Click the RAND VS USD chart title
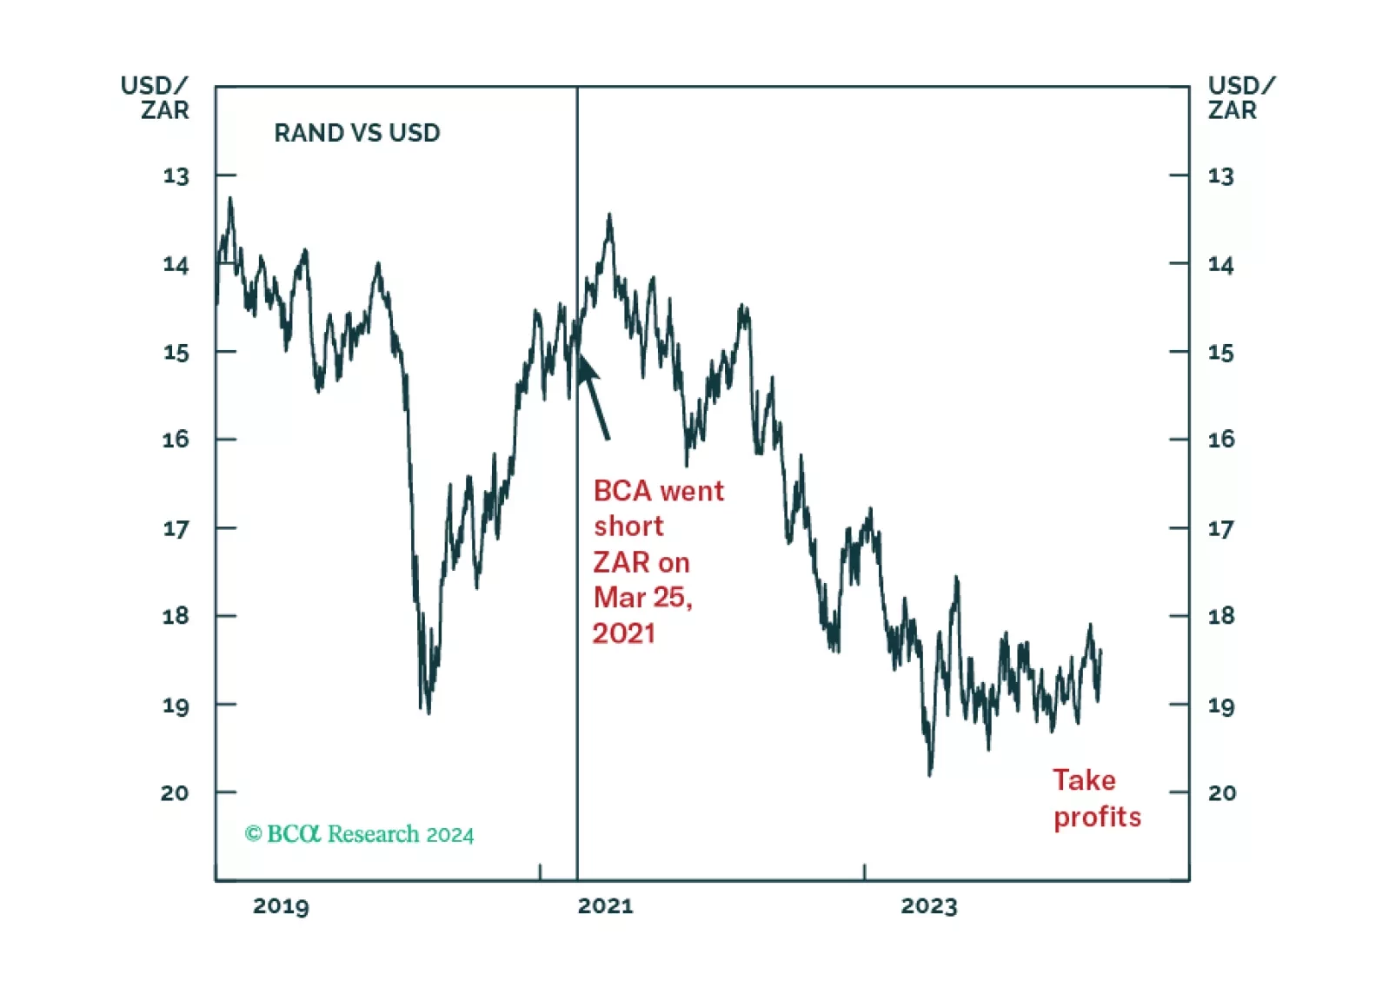pos(356,133)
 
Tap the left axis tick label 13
pos(176,176)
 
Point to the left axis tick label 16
pos(176,440)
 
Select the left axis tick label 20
pos(175,792)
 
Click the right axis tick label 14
pos(1220,264)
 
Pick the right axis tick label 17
pos(1220,528)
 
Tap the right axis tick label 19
pos(1220,706)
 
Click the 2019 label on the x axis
pos(281,906)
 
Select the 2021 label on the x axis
pos(605,906)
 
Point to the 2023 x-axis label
pos(928,906)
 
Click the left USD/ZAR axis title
pos(155,98)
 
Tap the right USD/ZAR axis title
pos(1240,98)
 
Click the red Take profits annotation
pos(1096,799)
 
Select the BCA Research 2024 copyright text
pos(359,834)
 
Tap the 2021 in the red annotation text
pos(623,633)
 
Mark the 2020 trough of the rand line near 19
pos(427,711)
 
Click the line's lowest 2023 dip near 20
pos(930,772)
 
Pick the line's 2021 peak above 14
pos(609,215)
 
